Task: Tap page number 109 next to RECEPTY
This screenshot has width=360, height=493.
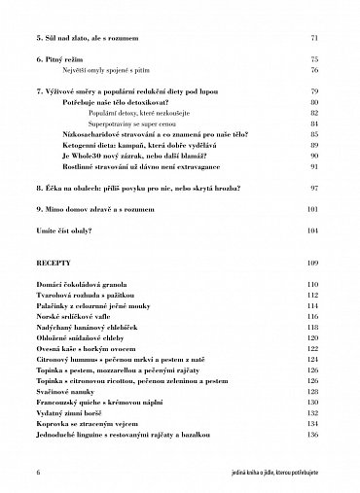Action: [x=312, y=263]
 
